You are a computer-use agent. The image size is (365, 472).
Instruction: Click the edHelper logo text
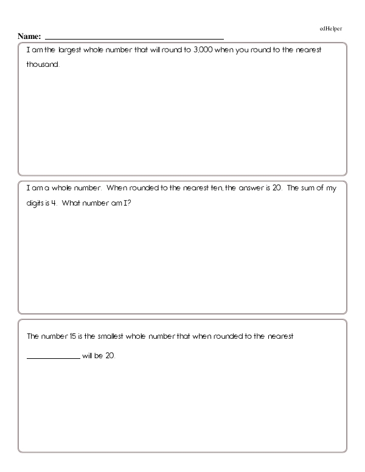331,29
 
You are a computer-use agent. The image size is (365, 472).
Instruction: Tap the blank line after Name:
134,38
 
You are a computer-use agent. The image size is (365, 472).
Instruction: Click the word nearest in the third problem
279,336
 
